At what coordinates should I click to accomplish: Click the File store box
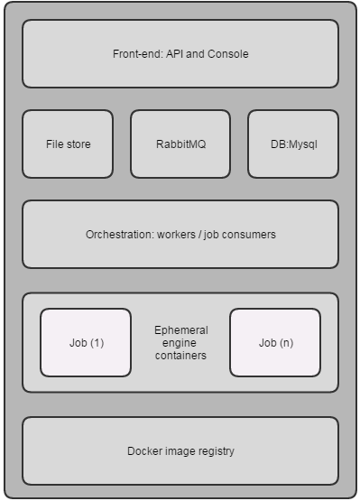(x=68, y=144)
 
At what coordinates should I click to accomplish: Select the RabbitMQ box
(x=180, y=144)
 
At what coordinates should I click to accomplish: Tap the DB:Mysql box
(x=293, y=144)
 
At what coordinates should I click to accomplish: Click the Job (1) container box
(x=86, y=342)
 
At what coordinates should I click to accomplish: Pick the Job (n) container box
(x=275, y=342)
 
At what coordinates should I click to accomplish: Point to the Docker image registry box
(x=180, y=450)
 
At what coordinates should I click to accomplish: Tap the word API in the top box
(x=174, y=54)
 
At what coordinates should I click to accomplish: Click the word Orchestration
(x=118, y=235)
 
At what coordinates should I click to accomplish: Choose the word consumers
(x=251, y=235)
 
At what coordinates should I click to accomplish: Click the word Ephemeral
(x=180, y=330)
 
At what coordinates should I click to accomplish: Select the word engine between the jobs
(x=180, y=343)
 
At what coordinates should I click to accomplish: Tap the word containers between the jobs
(x=180, y=356)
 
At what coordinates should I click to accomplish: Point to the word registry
(x=216, y=451)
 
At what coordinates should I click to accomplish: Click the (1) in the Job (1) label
(x=96, y=343)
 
